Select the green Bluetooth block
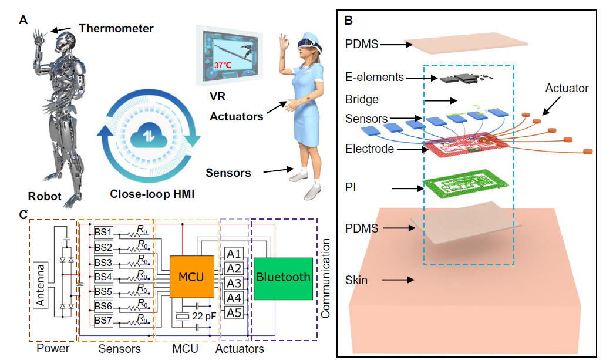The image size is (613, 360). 283,277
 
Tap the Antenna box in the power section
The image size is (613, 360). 41,283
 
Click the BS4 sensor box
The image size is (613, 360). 103,276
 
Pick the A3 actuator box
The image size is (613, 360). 234,283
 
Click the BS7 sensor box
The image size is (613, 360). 103,321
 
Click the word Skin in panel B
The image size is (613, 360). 356,280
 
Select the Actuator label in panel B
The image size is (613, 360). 567,88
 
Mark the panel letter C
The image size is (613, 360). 23,215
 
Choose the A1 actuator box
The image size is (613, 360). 234,254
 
